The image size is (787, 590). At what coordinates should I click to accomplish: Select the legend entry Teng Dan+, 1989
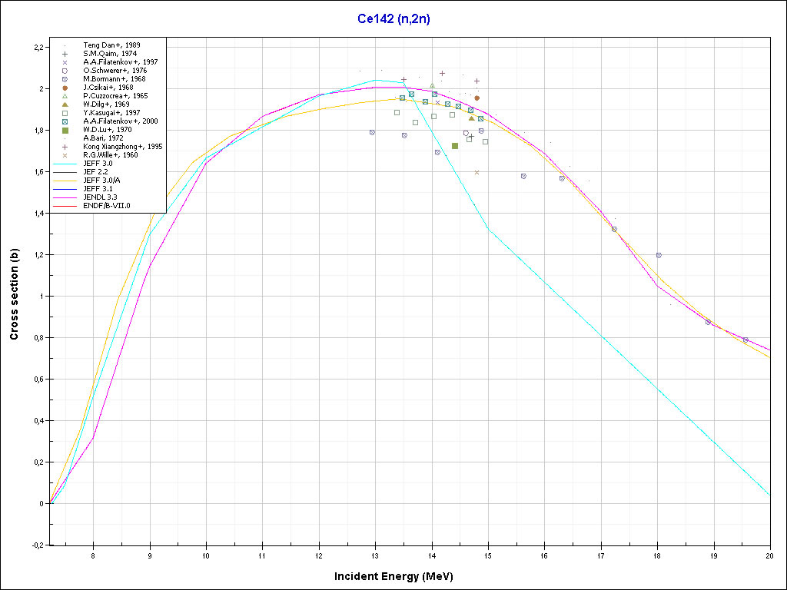111,45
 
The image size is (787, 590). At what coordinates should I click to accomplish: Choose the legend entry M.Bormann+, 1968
115,79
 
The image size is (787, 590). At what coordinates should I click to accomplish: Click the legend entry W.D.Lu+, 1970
108,130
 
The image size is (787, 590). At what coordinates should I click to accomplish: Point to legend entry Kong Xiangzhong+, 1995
123,146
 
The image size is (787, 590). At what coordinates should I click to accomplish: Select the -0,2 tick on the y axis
36,545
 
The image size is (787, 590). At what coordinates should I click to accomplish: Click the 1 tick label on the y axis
42,297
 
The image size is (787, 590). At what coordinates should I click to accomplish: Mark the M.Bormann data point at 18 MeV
658,255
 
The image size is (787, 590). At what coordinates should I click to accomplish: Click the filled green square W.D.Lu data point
455,146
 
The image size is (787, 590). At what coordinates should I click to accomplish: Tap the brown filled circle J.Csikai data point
477,98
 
